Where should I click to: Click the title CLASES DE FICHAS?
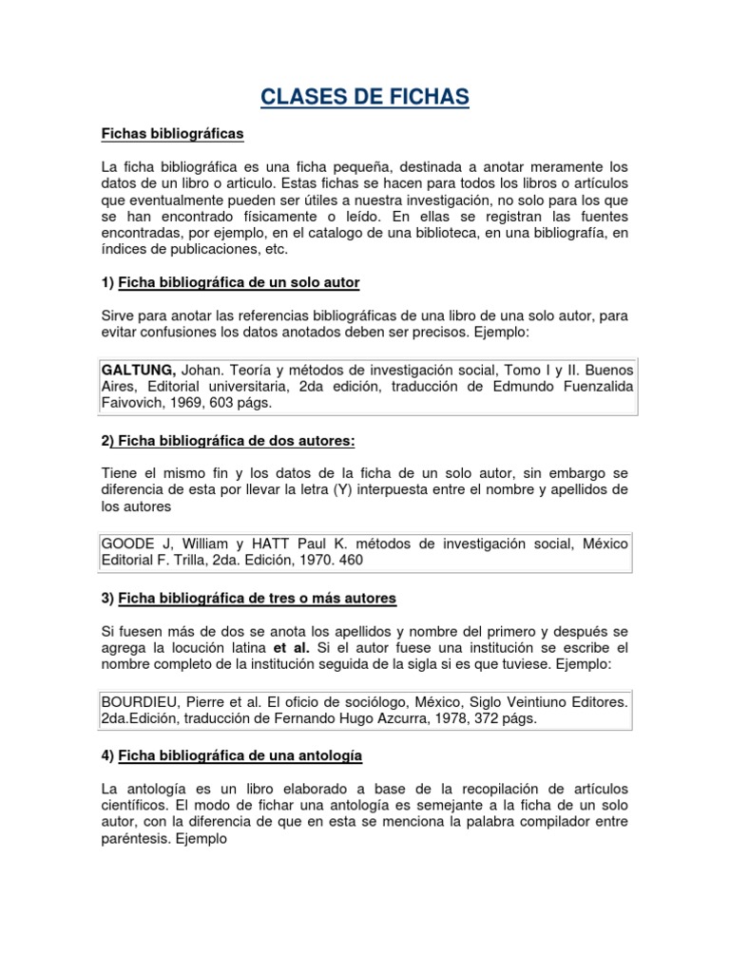(365, 97)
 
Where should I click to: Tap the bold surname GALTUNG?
(138, 369)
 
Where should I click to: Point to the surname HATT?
(275, 544)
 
